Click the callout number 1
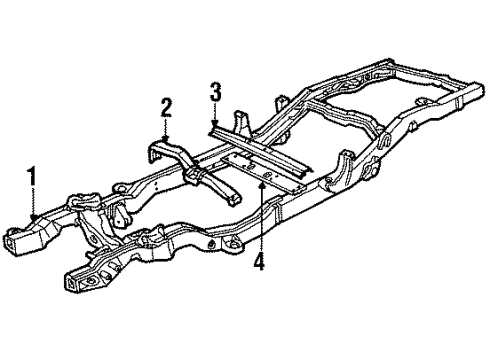click(32, 177)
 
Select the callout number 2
click(166, 108)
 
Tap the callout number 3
click(216, 92)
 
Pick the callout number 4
click(259, 261)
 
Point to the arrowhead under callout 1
click(33, 217)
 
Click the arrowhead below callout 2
click(165, 138)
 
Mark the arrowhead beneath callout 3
click(215, 123)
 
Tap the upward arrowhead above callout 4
click(263, 185)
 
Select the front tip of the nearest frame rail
click(71, 283)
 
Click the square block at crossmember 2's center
click(193, 173)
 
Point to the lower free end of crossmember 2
click(233, 200)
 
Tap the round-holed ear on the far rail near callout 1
click(121, 188)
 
